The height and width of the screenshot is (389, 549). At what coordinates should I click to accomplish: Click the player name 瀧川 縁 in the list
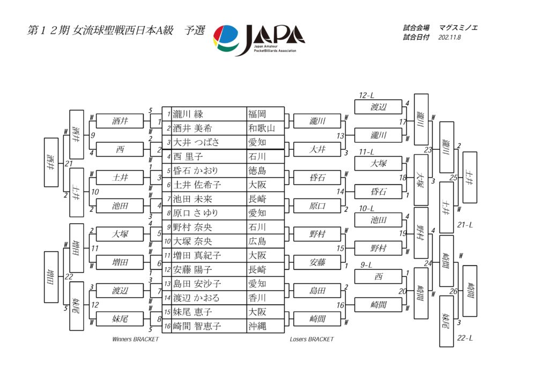[x=188, y=114]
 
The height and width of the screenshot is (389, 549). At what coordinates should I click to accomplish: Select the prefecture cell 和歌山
[x=262, y=128]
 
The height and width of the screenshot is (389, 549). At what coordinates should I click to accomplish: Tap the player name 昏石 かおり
[x=196, y=171]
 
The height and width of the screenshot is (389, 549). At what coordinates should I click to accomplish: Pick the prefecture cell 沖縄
[x=257, y=326]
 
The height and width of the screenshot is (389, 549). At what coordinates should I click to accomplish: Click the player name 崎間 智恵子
[x=197, y=326]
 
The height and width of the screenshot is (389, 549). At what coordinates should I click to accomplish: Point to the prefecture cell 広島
[x=257, y=241]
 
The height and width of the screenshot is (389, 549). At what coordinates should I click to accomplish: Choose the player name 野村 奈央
[x=192, y=227]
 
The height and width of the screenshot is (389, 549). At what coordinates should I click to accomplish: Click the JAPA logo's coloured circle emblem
[x=226, y=39]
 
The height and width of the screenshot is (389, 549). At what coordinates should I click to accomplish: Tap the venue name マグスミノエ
[x=458, y=28]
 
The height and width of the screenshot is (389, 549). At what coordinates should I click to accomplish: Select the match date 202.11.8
[x=450, y=37]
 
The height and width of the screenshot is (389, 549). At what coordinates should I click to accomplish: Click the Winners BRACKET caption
[x=135, y=339]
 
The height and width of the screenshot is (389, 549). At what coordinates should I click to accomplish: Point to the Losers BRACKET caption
[x=311, y=339]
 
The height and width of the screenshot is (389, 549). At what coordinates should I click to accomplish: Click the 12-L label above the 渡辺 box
[x=366, y=96]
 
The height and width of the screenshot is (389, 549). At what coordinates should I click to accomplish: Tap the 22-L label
[x=465, y=338]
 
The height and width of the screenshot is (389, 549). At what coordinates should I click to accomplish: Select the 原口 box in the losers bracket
[x=317, y=205]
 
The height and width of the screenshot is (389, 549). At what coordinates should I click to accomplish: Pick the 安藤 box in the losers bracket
[x=317, y=262]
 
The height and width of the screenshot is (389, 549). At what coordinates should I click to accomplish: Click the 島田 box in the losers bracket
[x=317, y=290]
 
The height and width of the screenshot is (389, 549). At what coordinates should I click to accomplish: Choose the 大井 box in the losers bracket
[x=317, y=149]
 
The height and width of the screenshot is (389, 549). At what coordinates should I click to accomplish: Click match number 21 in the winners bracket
[x=69, y=164]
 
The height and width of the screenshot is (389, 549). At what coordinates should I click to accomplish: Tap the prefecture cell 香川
[x=257, y=298]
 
